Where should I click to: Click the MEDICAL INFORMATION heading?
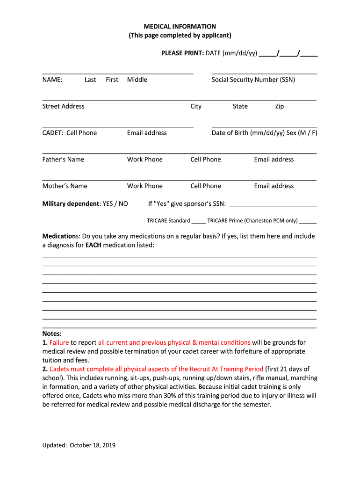[x=180, y=27]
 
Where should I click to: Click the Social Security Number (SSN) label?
[x=253, y=80]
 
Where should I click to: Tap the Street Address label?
[x=63, y=106]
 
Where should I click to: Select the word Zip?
[x=279, y=106]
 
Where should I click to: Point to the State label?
[x=240, y=106]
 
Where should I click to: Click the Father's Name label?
[x=63, y=160]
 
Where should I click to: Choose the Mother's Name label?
[x=65, y=186]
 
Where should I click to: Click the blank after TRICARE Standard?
[x=199, y=221]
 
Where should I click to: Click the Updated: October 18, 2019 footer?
[x=79, y=445]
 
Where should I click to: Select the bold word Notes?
[x=52, y=334]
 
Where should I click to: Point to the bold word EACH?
[x=94, y=245]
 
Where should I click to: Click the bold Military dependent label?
[x=71, y=203]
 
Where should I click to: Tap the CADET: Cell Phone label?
[x=69, y=133]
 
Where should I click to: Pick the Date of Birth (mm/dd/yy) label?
[x=248, y=133]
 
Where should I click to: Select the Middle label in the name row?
[x=137, y=80]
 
